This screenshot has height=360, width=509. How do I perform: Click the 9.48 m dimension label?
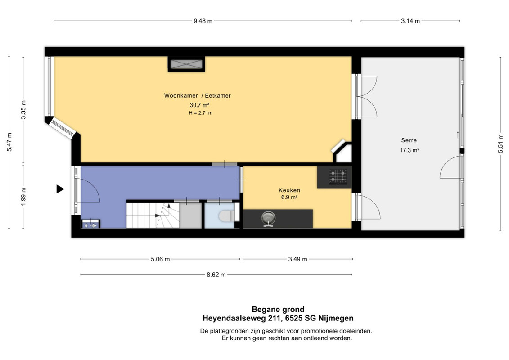(x=203, y=21)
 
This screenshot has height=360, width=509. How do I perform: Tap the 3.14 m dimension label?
(x=410, y=21)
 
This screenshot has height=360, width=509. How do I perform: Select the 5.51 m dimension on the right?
(x=500, y=143)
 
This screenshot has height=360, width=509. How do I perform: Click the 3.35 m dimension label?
(x=23, y=110)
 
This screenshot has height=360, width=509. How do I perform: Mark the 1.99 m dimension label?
(x=23, y=196)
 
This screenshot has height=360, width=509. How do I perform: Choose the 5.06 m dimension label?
(x=160, y=259)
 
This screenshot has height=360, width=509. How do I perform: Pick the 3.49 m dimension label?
(x=297, y=259)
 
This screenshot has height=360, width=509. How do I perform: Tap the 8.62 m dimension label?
(x=216, y=274)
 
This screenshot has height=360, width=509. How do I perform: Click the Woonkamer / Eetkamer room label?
(x=198, y=96)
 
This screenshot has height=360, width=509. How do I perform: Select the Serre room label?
(x=409, y=140)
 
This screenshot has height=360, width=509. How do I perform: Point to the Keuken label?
(x=289, y=190)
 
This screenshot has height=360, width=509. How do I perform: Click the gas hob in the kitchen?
(x=338, y=176)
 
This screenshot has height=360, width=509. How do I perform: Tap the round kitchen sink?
(x=269, y=218)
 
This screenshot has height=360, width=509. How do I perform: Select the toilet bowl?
(x=226, y=216)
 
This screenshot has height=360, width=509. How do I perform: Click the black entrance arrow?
(x=60, y=189)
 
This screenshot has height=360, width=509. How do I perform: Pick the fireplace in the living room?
(x=186, y=64)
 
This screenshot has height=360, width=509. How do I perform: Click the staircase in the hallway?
(x=153, y=215)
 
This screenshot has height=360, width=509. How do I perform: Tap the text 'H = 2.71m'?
(x=201, y=113)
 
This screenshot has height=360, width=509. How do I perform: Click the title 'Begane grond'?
(x=278, y=309)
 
